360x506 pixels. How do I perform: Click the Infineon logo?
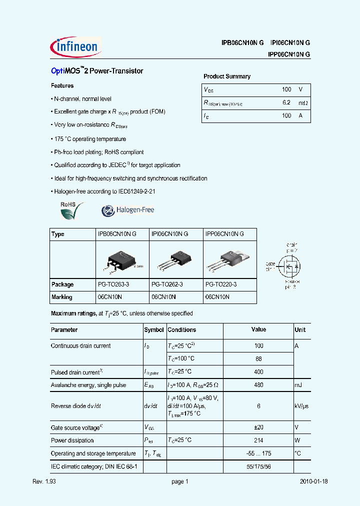tap(76, 46)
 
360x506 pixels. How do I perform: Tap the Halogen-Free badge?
tap(128, 210)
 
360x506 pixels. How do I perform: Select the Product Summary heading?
tap(226, 76)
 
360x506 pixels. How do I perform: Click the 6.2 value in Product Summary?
tap(286, 102)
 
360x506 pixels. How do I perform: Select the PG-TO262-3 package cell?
tap(167, 284)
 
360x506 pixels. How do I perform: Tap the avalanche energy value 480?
tap(258, 385)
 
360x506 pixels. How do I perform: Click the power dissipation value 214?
tap(258, 440)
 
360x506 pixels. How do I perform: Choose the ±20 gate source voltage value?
tap(258, 427)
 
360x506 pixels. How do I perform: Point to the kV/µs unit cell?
tap(301, 406)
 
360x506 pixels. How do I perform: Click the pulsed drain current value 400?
tap(258, 372)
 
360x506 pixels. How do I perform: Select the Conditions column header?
tap(181, 330)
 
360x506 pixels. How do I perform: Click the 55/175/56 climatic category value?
tap(258, 466)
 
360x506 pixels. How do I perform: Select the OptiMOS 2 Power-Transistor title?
tap(97, 71)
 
